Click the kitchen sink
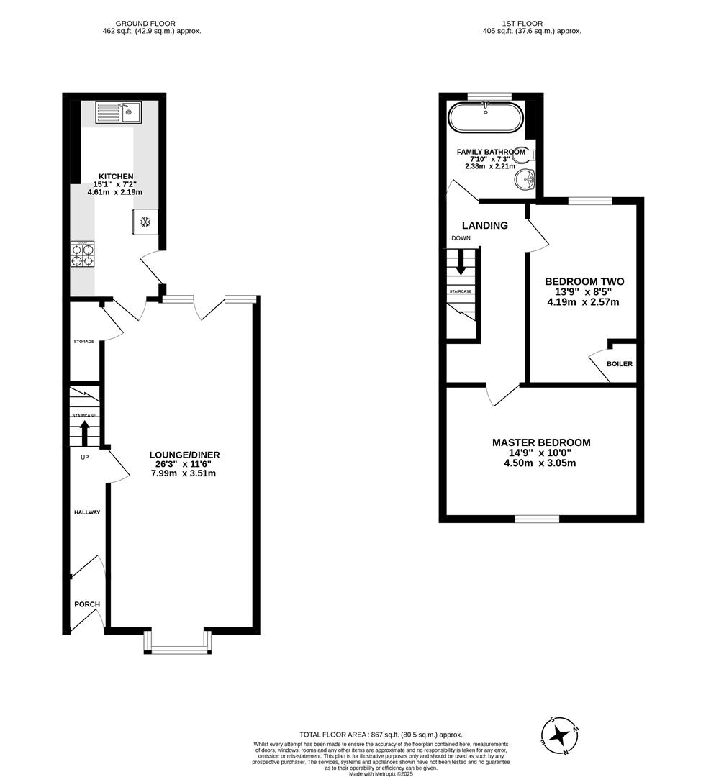point(119,112)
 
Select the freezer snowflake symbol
point(145,222)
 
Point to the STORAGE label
point(83,341)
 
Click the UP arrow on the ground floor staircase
point(84,433)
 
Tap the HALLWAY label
point(86,512)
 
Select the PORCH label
point(86,604)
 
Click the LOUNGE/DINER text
point(184,455)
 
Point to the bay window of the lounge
point(178,649)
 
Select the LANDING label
point(484,225)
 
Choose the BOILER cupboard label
point(619,364)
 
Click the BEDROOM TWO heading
point(584,281)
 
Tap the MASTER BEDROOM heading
point(541,442)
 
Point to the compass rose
point(558,735)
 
